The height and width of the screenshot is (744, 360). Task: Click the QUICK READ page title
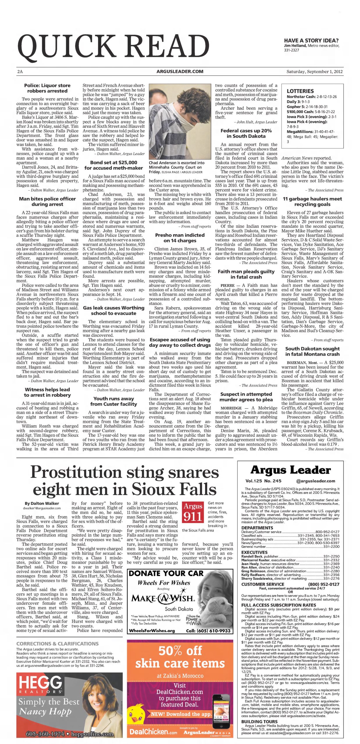pos(113,46)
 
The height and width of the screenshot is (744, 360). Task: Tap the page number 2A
pos(20,71)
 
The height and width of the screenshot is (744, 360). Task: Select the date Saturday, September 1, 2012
pos(314,71)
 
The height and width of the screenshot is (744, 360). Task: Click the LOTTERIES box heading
pos(300,91)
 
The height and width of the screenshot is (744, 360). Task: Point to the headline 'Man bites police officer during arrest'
pos(47,201)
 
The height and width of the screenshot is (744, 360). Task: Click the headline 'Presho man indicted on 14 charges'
pos(180,238)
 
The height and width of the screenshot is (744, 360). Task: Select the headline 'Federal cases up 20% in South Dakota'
pos(246,133)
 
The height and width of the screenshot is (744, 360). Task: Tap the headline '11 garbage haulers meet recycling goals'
pos(312,201)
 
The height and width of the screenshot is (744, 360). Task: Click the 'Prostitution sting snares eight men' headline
pos(124,481)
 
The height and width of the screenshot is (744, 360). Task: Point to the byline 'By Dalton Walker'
pos(42,503)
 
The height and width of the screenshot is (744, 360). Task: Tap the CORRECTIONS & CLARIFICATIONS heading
pos(58,644)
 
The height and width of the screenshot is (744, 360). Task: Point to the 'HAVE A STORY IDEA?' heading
pos(311,41)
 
